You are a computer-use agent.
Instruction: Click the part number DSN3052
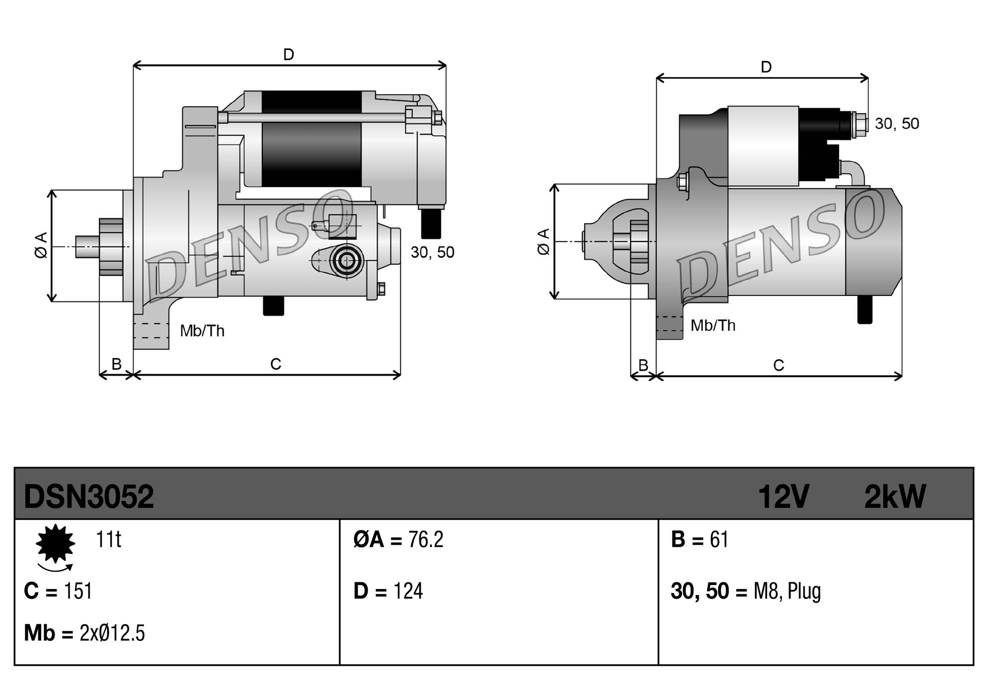(89, 496)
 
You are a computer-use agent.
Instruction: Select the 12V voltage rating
(783, 496)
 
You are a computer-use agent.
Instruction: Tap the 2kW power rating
(894, 496)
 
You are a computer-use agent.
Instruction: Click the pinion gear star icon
(55, 544)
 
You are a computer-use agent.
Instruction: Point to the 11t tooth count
(108, 539)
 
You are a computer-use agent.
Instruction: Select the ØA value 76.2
(426, 539)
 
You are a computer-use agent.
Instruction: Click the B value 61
(719, 539)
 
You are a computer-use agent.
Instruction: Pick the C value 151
(78, 591)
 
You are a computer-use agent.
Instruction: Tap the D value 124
(408, 591)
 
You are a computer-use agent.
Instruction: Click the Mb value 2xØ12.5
(112, 633)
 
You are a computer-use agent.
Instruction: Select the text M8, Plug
(787, 591)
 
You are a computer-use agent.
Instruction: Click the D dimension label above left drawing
(289, 55)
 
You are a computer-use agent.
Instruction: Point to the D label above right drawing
(766, 67)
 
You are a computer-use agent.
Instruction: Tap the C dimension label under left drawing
(276, 364)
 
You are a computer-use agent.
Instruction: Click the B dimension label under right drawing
(643, 365)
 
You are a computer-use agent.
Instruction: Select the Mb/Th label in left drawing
(202, 331)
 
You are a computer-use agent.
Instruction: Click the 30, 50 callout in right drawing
(897, 123)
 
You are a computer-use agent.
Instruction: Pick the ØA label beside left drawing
(41, 245)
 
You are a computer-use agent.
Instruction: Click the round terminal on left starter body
(346, 260)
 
